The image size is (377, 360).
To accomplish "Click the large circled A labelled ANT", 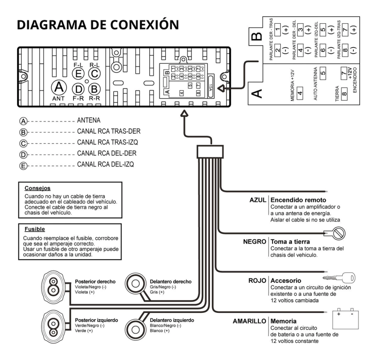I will coord(58,88).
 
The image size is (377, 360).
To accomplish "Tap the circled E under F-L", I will coord(78,74).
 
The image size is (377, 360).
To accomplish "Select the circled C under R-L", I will coord(95,74).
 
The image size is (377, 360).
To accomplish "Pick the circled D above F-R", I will coord(78,89).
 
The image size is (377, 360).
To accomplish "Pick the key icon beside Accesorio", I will coord(338,277).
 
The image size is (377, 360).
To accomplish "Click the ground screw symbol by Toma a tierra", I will coord(336,233).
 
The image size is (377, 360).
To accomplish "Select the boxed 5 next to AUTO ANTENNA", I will coord(323,72).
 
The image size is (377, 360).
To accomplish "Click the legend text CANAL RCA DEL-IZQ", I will coord(105,165).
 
